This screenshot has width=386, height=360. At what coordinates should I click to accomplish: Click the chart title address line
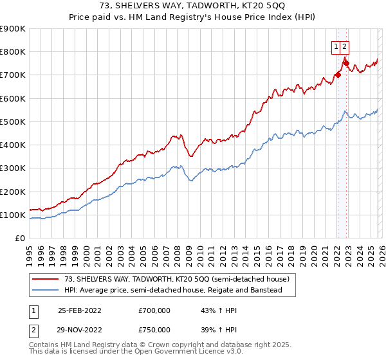[x=192, y=6]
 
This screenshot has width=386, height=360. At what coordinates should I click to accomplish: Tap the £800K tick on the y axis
[x=13, y=52]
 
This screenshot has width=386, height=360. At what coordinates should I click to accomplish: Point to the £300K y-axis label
[x=13, y=168]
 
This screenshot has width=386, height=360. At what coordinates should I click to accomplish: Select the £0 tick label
[x=19, y=239]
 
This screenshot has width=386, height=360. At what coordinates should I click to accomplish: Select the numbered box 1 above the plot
[x=336, y=46]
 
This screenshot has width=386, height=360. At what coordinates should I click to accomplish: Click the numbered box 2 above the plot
[x=345, y=46]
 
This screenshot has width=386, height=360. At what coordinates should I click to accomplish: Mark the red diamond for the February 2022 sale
[x=338, y=75]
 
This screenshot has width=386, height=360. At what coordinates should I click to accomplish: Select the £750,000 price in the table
[x=154, y=329]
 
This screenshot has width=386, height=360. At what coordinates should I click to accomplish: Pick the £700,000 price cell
[x=154, y=310]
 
